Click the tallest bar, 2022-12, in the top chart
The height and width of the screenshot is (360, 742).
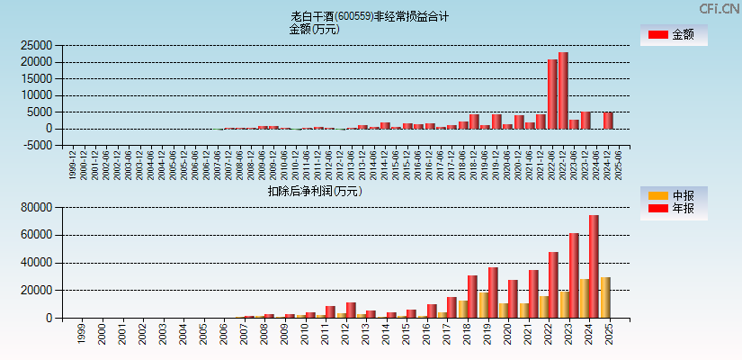pos(563,90)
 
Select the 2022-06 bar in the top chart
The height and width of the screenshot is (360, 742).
pos(552,94)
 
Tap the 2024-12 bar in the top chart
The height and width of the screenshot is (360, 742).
pos(608,121)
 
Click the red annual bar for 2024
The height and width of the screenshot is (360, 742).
pos(594,266)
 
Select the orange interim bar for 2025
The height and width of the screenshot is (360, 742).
pos(605,297)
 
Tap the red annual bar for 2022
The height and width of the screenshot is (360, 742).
pos(553,284)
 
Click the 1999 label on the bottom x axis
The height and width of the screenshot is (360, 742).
pos(81,334)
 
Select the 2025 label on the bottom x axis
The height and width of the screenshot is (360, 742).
pos(609,334)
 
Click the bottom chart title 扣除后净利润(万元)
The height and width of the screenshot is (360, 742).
pos(314,191)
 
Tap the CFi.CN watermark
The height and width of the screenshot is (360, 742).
pos(719,9)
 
